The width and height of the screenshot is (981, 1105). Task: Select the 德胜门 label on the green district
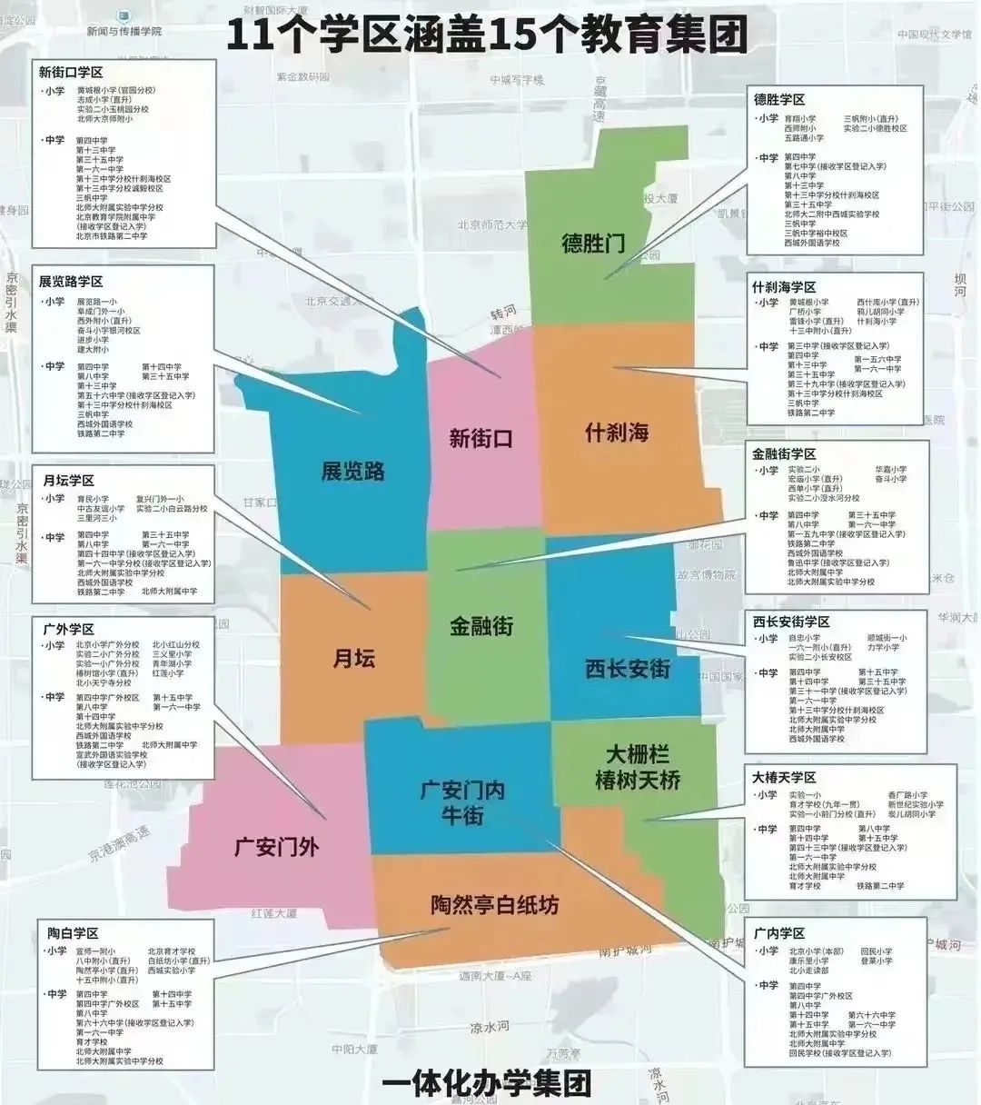(x=593, y=243)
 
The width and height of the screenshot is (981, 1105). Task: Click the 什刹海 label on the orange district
(x=617, y=432)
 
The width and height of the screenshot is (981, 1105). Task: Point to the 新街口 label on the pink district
(x=481, y=438)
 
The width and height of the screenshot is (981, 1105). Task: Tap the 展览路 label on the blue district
(x=352, y=471)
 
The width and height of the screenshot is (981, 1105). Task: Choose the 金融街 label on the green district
(x=481, y=625)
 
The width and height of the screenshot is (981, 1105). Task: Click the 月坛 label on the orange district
(x=354, y=657)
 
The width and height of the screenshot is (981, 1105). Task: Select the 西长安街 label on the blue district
(x=628, y=669)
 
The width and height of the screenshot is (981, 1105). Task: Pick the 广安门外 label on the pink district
(x=277, y=847)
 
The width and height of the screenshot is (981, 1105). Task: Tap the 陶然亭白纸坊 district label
(x=495, y=904)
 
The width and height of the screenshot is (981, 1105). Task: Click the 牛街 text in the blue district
(x=462, y=815)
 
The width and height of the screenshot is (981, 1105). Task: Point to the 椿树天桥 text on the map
(x=637, y=780)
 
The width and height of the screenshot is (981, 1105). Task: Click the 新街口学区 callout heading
(x=71, y=72)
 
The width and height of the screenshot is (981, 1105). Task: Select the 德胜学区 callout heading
(x=779, y=99)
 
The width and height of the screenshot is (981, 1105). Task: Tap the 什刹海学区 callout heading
(x=784, y=286)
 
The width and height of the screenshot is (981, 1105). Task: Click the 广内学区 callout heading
(x=779, y=933)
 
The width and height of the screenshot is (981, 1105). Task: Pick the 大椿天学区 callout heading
(x=784, y=777)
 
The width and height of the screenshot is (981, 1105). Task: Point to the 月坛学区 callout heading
(x=68, y=480)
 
